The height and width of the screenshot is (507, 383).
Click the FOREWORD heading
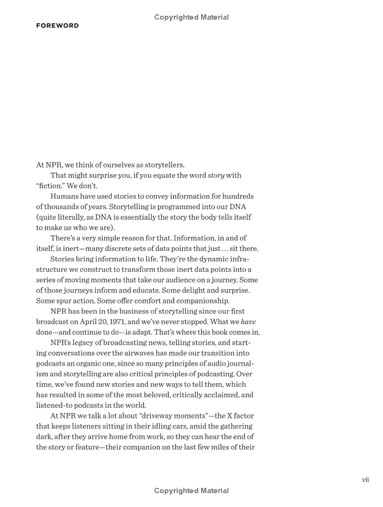click(x=57, y=26)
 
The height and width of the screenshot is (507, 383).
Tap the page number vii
click(x=365, y=479)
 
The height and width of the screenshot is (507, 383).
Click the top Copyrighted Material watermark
click(x=191, y=17)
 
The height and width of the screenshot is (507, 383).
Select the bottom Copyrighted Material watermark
click(x=191, y=491)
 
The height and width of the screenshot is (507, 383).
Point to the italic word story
click(x=216, y=175)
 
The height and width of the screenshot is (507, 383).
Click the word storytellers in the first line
click(x=162, y=165)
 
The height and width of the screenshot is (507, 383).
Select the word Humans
click(x=64, y=196)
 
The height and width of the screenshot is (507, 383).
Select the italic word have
click(x=248, y=322)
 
